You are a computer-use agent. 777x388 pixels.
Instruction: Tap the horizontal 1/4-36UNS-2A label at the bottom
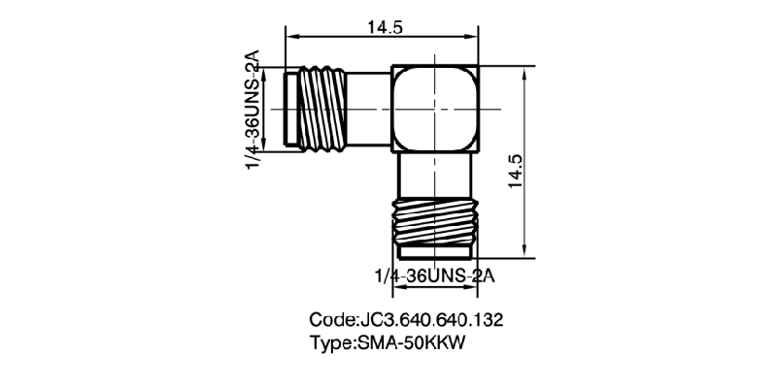pyautogui.click(x=434, y=276)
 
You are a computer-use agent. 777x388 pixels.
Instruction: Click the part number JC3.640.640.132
pyautogui.click(x=429, y=319)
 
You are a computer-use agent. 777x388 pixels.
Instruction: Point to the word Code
pyautogui.click(x=332, y=319)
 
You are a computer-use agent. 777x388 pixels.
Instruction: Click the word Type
pyautogui.click(x=332, y=342)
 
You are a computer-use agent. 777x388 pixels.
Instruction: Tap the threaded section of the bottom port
pyautogui.click(x=434, y=224)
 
